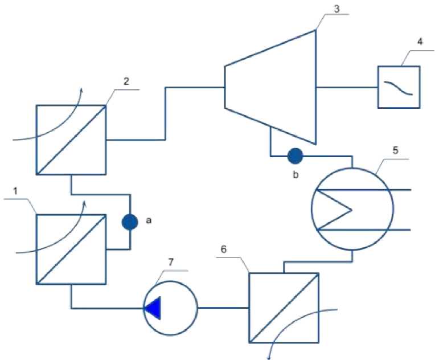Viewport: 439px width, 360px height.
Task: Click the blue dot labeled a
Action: pos(130,222)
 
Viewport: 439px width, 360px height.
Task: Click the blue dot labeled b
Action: pos(296,155)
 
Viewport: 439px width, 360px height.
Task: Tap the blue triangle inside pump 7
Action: pos(153,309)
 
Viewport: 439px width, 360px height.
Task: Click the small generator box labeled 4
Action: pos(399,87)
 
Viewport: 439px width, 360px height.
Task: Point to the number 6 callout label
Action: pos(224,249)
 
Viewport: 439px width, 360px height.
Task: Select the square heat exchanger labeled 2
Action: pos(71,140)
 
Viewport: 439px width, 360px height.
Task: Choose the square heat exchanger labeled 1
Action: pos(71,249)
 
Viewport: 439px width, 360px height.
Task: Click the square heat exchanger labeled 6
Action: pos(284,308)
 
